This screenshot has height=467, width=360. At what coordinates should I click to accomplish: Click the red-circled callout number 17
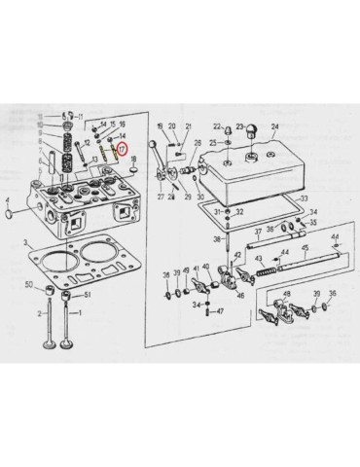(122, 150)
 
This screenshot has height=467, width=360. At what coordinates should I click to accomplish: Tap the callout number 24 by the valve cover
(274, 127)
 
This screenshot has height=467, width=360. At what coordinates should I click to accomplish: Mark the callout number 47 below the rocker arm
(220, 310)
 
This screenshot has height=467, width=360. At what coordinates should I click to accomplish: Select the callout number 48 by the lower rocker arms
(288, 292)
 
